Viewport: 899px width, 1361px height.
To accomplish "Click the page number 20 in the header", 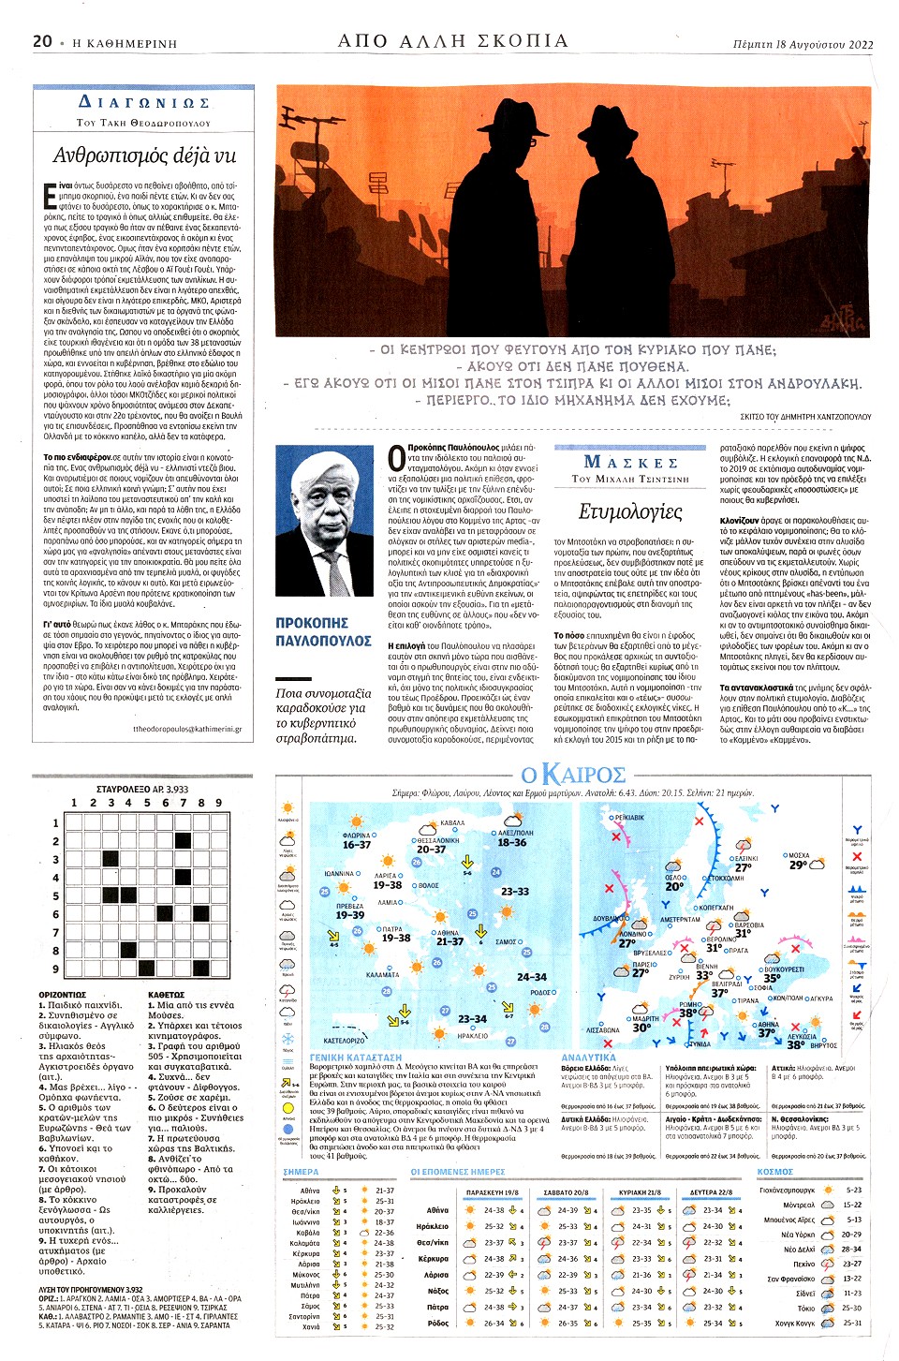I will click(42, 41).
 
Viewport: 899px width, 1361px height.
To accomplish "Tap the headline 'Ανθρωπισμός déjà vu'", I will click(144, 155).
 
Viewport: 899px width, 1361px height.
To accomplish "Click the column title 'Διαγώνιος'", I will click(144, 102).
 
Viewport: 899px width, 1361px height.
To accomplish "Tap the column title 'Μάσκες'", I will click(630, 462).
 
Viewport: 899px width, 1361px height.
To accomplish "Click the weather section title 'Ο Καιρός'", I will click(573, 775).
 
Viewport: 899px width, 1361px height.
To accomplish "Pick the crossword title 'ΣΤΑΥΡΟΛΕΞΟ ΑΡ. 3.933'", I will click(142, 789).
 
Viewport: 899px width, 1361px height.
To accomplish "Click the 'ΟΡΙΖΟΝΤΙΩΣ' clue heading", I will click(63, 995).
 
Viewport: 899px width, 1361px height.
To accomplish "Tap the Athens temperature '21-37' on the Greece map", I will click(449, 941).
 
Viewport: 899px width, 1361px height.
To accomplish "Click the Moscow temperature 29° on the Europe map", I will click(797, 865).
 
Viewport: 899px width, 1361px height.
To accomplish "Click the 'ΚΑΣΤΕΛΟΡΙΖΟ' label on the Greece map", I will click(344, 1041).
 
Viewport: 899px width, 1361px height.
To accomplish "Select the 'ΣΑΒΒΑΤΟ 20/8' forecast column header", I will click(566, 1192).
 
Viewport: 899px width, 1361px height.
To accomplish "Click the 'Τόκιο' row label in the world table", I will click(805, 1309).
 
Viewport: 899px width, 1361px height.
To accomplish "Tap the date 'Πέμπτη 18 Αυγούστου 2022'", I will click(803, 44).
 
